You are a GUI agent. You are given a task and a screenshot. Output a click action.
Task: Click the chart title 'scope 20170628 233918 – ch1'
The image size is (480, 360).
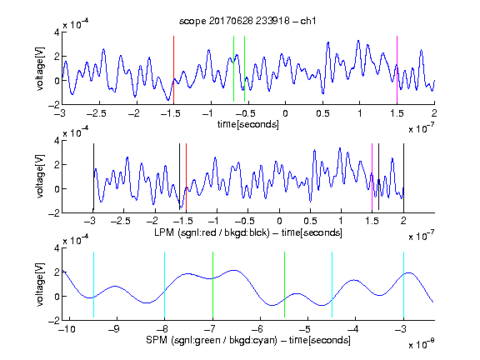click(x=247, y=21)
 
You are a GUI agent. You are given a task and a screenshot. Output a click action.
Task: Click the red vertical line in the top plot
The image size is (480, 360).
click(x=173, y=70)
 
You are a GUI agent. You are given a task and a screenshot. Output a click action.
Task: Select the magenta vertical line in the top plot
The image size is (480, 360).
click(x=397, y=70)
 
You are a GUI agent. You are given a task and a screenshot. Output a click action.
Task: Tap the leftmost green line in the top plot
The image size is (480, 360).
click(x=233, y=68)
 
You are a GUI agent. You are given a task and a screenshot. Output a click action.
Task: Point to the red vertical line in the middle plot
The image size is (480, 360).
click(x=186, y=177)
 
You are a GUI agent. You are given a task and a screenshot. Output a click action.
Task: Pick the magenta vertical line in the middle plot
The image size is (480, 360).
click(x=372, y=177)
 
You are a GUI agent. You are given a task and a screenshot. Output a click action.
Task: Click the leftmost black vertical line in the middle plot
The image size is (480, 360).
click(x=93, y=177)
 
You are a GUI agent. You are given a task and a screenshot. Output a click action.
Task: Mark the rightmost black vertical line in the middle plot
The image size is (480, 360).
click(x=403, y=177)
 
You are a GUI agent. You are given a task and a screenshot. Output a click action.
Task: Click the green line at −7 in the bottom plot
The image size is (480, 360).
click(x=212, y=285)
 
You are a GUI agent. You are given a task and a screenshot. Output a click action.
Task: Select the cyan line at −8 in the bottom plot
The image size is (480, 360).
click(x=164, y=285)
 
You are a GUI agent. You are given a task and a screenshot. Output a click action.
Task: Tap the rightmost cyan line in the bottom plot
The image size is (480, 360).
click(x=403, y=285)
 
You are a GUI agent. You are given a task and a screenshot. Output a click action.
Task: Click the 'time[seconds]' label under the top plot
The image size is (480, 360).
click(x=248, y=124)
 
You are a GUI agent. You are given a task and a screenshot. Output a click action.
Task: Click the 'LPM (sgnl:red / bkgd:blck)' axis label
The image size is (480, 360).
click(x=212, y=232)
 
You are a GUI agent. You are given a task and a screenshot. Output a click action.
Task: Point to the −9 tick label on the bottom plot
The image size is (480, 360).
click(x=114, y=329)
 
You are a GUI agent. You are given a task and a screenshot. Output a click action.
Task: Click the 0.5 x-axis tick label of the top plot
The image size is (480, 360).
click(x=322, y=113)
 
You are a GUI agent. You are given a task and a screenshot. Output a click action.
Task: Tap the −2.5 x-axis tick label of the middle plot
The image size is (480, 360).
click(x=121, y=221)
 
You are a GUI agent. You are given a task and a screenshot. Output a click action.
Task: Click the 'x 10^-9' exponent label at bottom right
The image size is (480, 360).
click(x=422, y=344)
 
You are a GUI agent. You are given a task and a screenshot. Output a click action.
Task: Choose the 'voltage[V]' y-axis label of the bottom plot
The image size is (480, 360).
click(x=40, y=284)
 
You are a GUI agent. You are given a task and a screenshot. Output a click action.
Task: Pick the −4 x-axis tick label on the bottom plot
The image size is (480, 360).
click(x=353, y=329)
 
